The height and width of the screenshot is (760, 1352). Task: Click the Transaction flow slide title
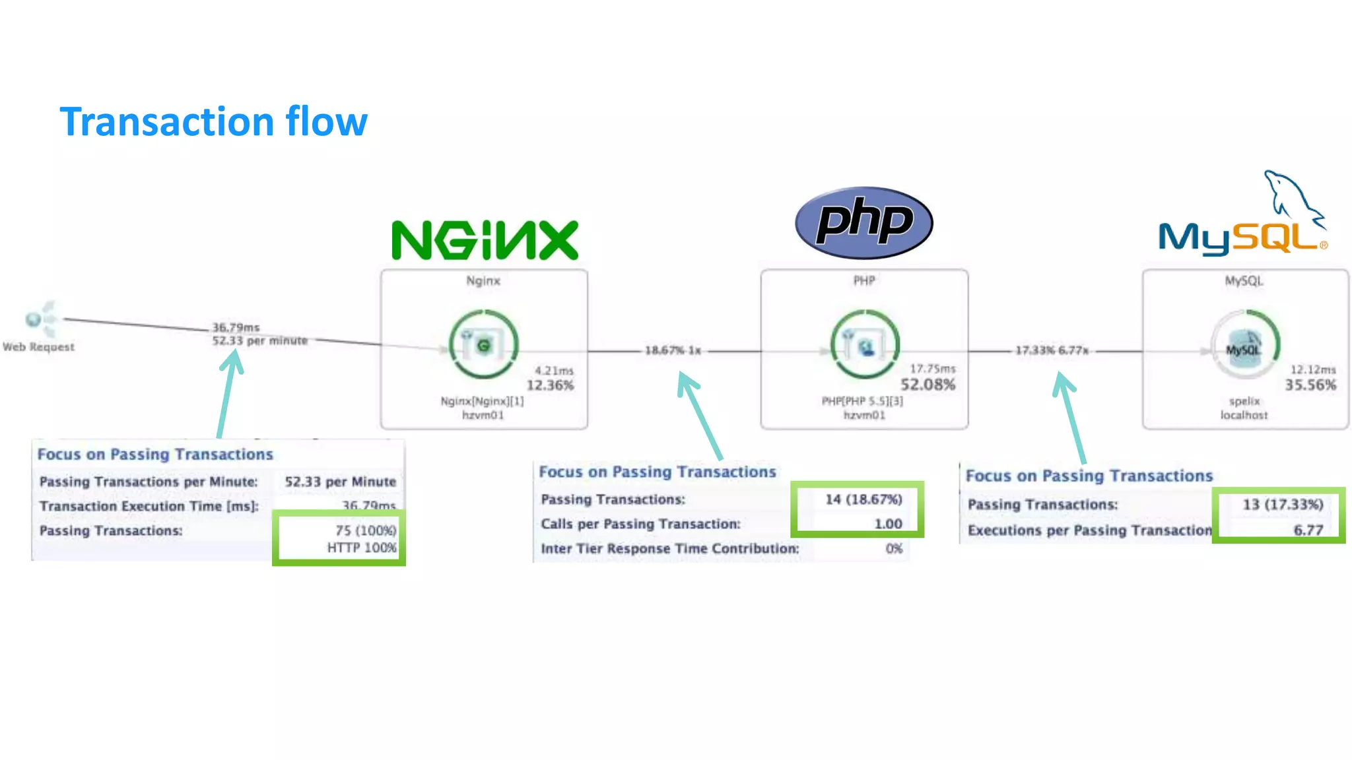pyautogui.click(x=213, y=122)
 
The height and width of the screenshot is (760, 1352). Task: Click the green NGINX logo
pyautogui.click(x=485, y=240)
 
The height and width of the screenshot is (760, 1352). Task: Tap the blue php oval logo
pyautogui.click(x=863, y=222)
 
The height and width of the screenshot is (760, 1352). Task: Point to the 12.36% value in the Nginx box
pyautogui.click(x=550, y=385)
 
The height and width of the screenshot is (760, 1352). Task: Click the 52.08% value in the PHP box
pyautogui.click(x=928, y=385)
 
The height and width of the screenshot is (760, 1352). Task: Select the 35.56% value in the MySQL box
pyautogui.click(x=1310, y=385)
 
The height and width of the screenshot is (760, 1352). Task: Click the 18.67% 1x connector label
pyautogui.click(x=672, y=350)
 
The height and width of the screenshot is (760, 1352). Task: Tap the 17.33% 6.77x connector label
pyautogui.click(x=1051, y=350)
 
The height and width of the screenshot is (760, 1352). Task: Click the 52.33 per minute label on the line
pyautogui.click(x=259, y=340)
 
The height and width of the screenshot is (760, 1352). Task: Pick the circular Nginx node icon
pyautogui.click(x=483, y=344)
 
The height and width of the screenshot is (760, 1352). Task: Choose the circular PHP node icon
pyautogui.click(x=864, y=344)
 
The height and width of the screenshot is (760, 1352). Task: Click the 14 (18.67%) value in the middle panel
pyautogui.click(x=863, y=499)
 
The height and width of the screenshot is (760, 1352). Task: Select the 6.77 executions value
pyautogui.click(x=1308, y=530)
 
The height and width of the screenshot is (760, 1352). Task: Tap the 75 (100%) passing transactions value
pyautogui.click(x=365, y=530)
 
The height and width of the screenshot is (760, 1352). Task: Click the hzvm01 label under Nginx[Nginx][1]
pyautogui.click(x=483, y=415)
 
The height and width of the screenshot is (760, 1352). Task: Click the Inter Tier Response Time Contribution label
pyautogui.click(x=669, y=549)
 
